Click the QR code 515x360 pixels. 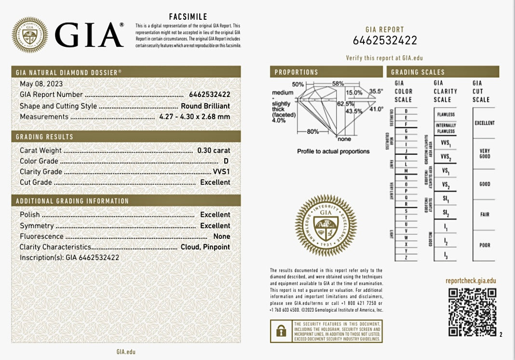[x=472, y=312]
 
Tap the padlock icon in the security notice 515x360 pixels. [x=281, y=331]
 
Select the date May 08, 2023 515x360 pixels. [x=41, y=84]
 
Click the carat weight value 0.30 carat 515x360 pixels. [x=214, y=151]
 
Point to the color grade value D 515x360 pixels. [x=226, y=161]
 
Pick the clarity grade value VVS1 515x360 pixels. [x=221, y=172]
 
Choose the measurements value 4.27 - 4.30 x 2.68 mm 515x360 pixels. [x=194, y=117]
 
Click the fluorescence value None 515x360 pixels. [x=222, y=236]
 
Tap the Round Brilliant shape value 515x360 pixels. [x=205, y=106]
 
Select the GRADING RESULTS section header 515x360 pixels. [x=44, y=137]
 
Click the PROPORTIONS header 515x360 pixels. [x=296, y=72]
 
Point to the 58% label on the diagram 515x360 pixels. [x=338, y=83]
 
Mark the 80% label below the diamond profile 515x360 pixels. [x=312, y=132]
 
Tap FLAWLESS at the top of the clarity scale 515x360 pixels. [x=446, y=115]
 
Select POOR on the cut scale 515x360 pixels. [x=484, y=245]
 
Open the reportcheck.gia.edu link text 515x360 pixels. [x=470, y=281]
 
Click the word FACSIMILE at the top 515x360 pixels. [x=188, y=16]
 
